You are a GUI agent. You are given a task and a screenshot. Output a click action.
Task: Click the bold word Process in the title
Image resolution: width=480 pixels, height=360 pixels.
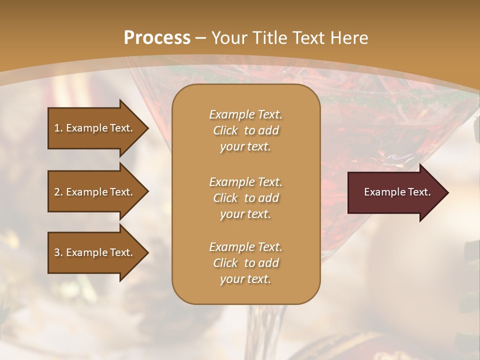click(157, 38)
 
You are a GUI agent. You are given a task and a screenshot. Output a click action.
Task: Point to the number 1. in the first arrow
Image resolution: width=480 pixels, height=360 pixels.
click(58, 128)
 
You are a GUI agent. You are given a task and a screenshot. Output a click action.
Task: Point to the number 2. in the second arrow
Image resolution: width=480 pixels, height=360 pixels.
click(58, 192)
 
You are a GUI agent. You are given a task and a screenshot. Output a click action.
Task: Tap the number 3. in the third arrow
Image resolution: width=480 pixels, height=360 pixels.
click(58, 252)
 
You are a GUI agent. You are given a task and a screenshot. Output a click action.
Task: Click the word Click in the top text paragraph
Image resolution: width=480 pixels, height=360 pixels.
click(225, 131)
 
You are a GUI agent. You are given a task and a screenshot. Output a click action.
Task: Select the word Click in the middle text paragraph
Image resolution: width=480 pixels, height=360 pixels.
click(225, 198)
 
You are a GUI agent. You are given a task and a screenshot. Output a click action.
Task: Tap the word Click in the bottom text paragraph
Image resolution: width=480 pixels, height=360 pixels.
click(225, 263)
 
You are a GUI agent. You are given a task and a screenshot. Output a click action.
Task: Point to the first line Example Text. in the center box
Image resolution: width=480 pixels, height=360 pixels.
click(245, 114)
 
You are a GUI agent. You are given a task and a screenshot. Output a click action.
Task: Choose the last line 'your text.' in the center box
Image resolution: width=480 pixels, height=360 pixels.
click(245, 279)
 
